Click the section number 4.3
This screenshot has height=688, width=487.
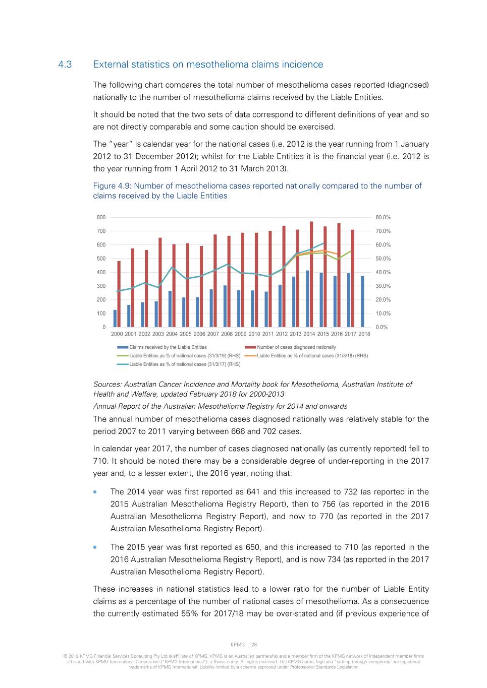pyautogui.click(x=65, y=65)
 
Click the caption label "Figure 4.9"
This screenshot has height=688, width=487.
pyautogui.click(x=112, y=186)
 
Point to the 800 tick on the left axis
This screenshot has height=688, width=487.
pyautogui.click(x=101, y=218)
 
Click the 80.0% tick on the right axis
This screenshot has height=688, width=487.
pyautogui.click(x=383, y=218)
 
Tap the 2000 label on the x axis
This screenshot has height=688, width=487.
pyautogui.click(x=117, y=334)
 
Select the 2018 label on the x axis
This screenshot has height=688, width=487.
pyautogui.click(x=364, y=334)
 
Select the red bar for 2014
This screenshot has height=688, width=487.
pyautogui.click(x=311, y=275)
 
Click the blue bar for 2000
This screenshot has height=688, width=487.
pyautogui.click(x=115, y=319)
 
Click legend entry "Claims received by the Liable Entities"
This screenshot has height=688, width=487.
pyautogui.click(x=168, y=347)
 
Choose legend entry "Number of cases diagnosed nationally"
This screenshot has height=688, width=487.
pyautogui.click(x=296, y=347)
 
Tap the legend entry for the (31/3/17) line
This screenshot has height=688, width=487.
pyautogui.click(x=185, y=364)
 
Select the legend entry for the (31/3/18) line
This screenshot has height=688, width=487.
pyautogui.click(x=312, y=356)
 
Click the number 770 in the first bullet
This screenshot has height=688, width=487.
pyautogui.click(x=327, y=517)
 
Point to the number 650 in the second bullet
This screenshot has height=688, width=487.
pyautogui.click(x=253, y=547)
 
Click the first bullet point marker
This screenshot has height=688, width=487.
pyautogui.click(x=95, y=492)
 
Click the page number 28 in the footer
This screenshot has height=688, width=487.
pyautogui.click(x=254, y=645)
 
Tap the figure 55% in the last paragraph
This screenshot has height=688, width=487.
pyautogui.click(x=189, y=614)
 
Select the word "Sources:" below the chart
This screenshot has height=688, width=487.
pyautogui.click(x=107, y=385)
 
